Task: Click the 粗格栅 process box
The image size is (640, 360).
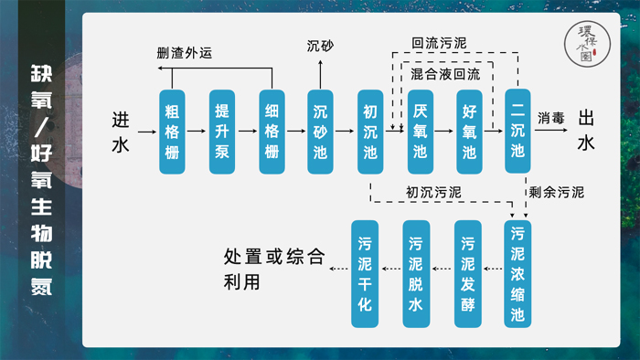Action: (171, 132)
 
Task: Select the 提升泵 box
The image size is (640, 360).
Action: (221, 132)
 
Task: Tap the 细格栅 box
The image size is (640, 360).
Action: (272, 132)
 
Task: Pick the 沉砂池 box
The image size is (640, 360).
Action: (321, 132)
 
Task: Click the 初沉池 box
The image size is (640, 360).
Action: (370, 132)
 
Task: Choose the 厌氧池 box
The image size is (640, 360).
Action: (420, 132)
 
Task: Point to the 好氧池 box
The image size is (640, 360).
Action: (469, 132)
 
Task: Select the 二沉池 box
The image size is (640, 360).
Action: (518, 132)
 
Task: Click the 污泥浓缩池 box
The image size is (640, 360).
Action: (518, 274)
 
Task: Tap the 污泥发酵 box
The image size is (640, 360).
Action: (468, 274)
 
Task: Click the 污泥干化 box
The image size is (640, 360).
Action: (365, 274)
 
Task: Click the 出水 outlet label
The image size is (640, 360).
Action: (587, 131)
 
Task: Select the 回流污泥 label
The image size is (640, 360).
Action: (439, 43)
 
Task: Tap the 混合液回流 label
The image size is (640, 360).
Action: (445, 72)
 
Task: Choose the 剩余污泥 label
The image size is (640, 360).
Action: (556, 194)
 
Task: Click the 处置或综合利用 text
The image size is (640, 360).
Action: (273, 270)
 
